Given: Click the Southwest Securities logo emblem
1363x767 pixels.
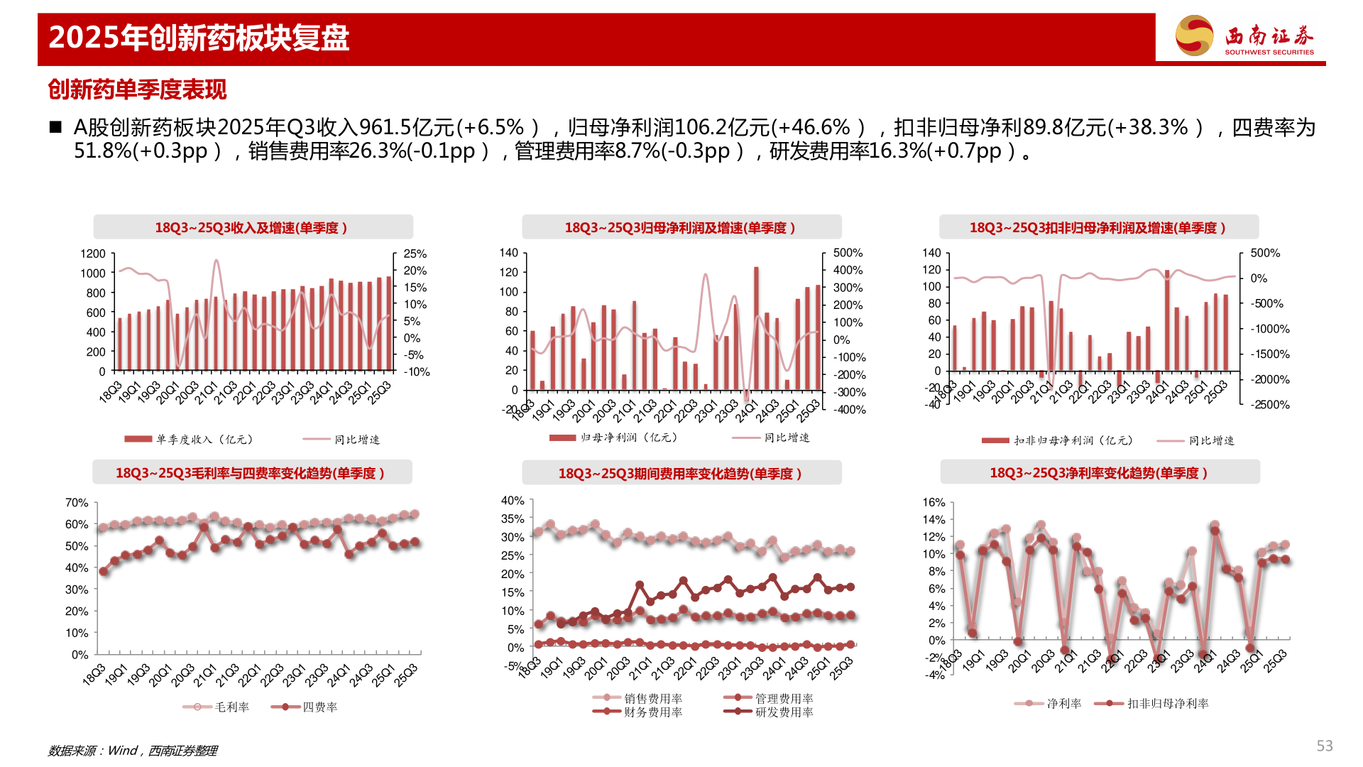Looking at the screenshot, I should (1195, 36).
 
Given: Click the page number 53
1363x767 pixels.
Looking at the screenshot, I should (1325, 746).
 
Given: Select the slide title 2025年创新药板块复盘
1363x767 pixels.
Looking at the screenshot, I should (199, 38).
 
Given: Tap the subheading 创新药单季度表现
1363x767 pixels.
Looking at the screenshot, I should (137, 89).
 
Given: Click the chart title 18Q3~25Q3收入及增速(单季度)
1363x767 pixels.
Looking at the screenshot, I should (251, 228).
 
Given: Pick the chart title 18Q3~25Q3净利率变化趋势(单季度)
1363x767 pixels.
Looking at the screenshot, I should (1099, 473).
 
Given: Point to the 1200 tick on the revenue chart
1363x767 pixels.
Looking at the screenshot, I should (93, 254).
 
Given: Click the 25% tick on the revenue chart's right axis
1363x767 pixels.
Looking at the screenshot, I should (415, 254).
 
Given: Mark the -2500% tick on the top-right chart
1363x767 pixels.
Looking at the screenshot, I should (1270, 405).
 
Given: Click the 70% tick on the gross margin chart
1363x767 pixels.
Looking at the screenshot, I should (77, 503).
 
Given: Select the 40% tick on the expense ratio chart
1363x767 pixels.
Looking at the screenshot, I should (513, 501).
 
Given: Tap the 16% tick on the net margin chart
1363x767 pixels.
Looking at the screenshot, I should (934, 503).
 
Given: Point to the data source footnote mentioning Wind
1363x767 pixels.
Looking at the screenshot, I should (133, 751).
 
